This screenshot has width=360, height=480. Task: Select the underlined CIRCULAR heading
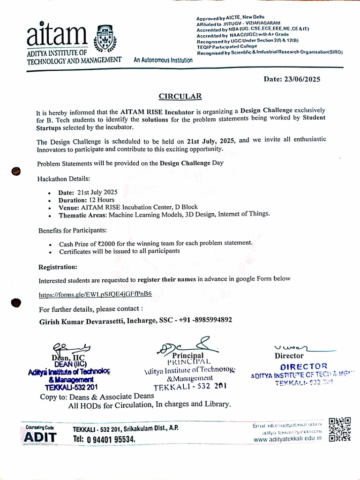coord(180,96)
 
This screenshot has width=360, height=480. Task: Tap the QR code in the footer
coord(339,430)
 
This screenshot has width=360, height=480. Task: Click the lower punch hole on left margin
coord(16,302)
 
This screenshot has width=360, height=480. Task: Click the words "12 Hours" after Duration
coord(100,200)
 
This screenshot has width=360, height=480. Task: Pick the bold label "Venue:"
coord(69,207)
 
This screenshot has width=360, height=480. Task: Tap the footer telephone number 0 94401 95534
coord(104,439)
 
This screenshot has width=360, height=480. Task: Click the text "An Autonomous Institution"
coord(163,60)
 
